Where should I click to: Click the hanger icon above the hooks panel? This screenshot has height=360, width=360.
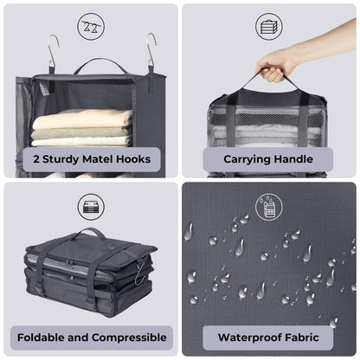click(x=90, y=25)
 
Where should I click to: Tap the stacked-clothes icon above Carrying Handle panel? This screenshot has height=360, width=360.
click(x=269, y=25)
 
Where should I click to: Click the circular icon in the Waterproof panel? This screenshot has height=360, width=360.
click(x=269, y=206)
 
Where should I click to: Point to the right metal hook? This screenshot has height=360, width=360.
click(x=151, y=50)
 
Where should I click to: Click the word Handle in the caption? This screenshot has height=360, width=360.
click(x=299, y=159)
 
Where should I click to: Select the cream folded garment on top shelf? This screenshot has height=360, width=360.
click(x=83, y=119)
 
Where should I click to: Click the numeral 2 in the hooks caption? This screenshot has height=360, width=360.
click(x=37, y=159)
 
